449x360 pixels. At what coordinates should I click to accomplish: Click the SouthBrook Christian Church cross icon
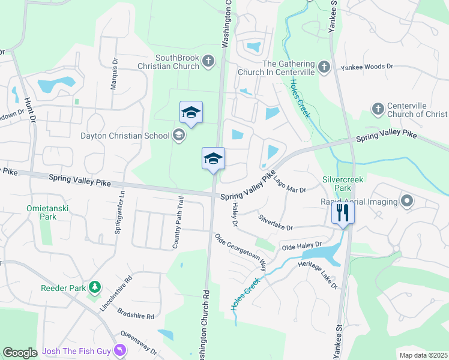click(x=208, y=61)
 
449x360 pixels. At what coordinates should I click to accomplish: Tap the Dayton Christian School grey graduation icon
click(x=179, y=135)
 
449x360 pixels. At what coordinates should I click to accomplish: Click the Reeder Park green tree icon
click(x=94, y=287)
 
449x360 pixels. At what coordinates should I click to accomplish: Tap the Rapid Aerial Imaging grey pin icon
click(x=408, y=201)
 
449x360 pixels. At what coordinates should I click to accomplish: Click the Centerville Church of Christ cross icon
click(x=378, y=109)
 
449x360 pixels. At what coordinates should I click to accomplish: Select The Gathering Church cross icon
click(x=324, y=67)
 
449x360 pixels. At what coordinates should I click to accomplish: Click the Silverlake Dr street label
click(x=276, y=223)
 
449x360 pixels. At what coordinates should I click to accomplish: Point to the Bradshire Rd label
click(x=136, y=314)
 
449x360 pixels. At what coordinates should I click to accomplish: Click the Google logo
click(x=20, y=353)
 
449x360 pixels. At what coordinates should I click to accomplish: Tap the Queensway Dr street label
click(x=138, y=343)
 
